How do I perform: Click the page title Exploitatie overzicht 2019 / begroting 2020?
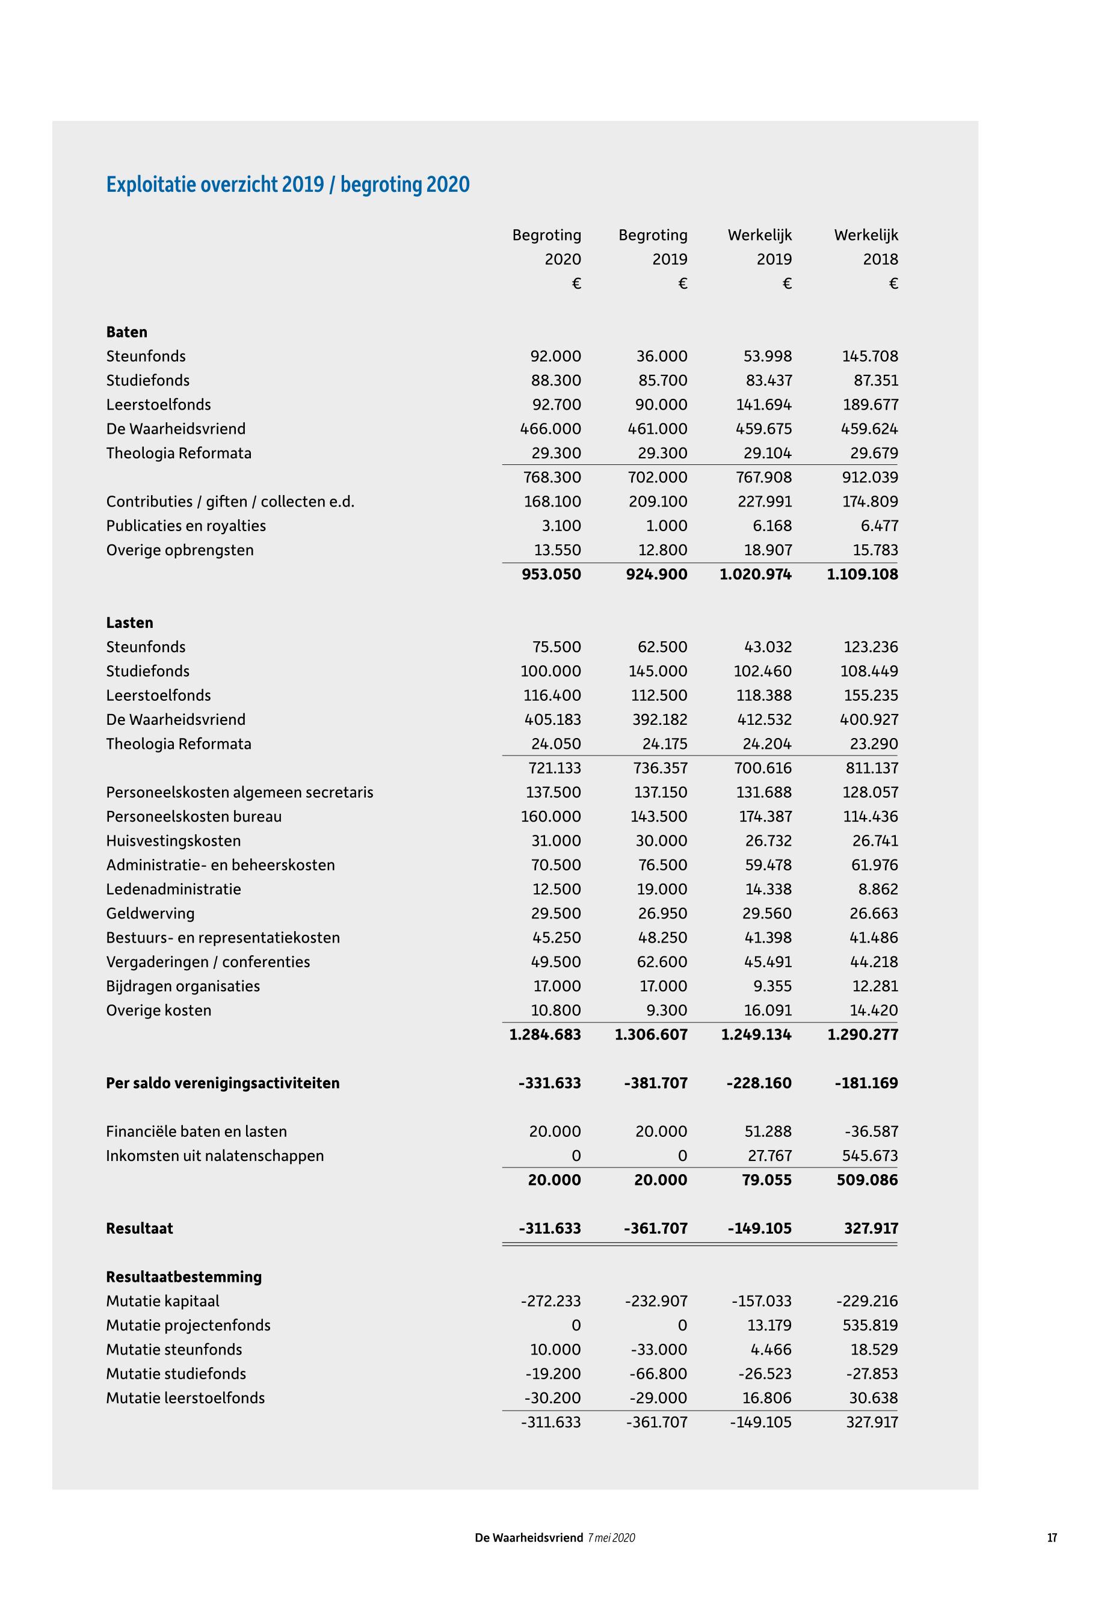click(288, 185)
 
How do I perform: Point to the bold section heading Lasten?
click(129, 623)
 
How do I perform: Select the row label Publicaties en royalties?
click(186, 526)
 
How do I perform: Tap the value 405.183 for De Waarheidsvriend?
click(551, 719)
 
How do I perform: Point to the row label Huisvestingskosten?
click(173, 842)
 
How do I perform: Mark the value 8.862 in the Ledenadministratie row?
click(878, 890)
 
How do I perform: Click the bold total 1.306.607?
click(651, 1035)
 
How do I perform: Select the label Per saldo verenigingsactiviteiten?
click(223, 1083)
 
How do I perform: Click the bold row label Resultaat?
click(139, 1229)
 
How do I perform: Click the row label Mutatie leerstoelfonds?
click(185, 1398)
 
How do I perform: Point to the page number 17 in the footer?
click(1052, 1538)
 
